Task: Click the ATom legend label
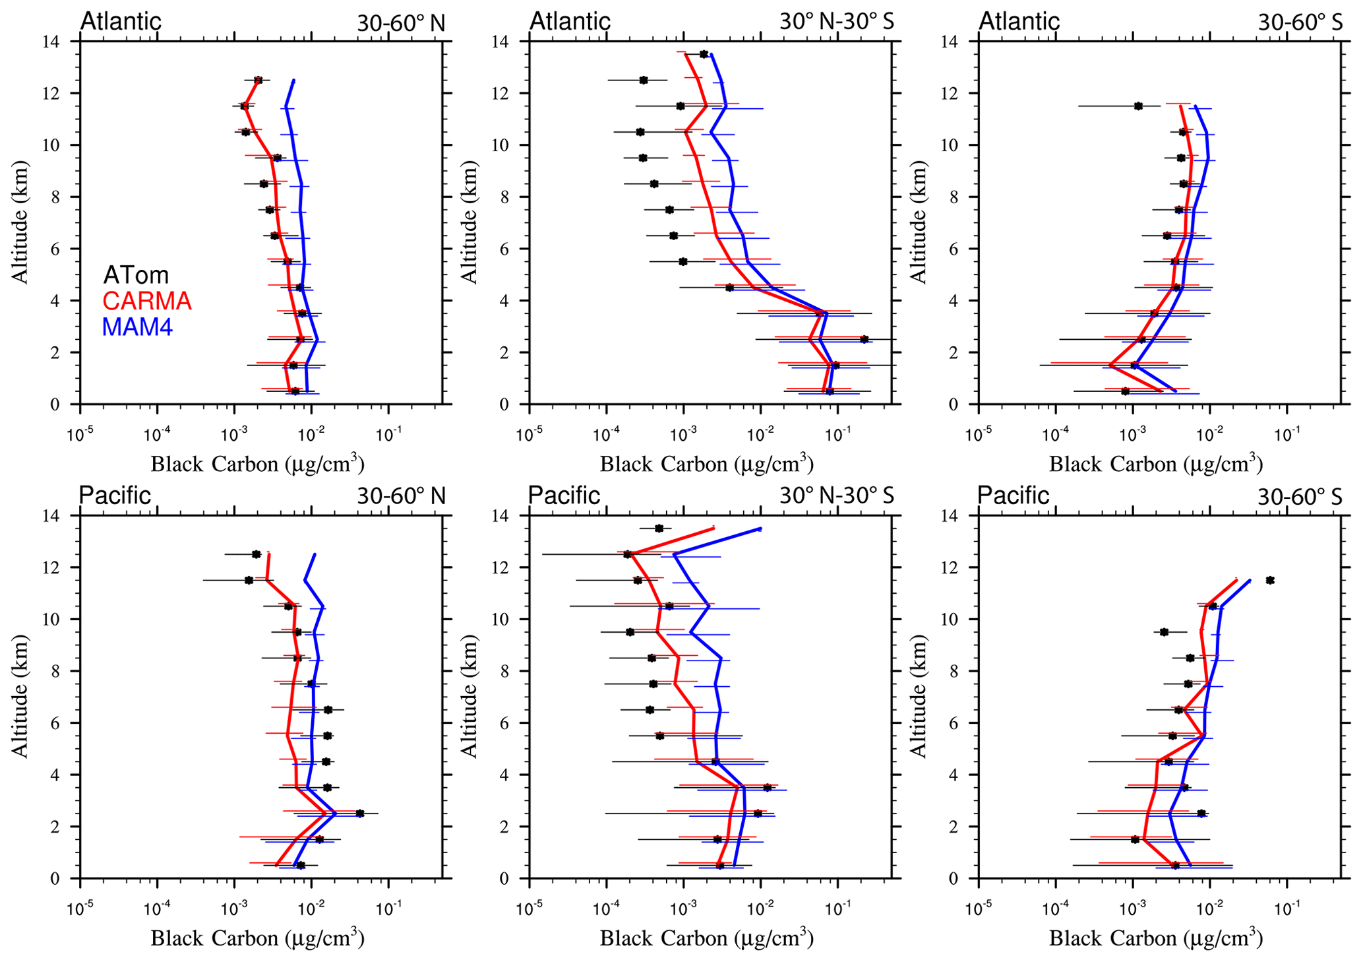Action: tap(136, 274)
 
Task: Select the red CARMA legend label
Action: tap(146, 301)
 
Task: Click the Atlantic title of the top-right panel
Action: tap(1019, 21)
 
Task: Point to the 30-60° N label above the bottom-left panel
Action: tap(401, 496)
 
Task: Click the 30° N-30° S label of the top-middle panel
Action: tap(837, 22)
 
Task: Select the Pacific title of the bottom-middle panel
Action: tap(564, 496)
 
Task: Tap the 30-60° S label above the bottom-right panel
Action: tap(1300, 497)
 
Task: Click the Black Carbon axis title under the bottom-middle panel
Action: tap(706, 938)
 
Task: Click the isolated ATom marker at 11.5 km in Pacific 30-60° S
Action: tap(1270, 581)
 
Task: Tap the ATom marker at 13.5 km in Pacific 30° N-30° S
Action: tap(659, 528)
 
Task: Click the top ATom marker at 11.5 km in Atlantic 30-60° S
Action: tap(1138, 106)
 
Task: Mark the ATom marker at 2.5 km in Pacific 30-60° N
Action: tap(360, 814)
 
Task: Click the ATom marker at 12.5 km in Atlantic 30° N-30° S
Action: tap(644, 80)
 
